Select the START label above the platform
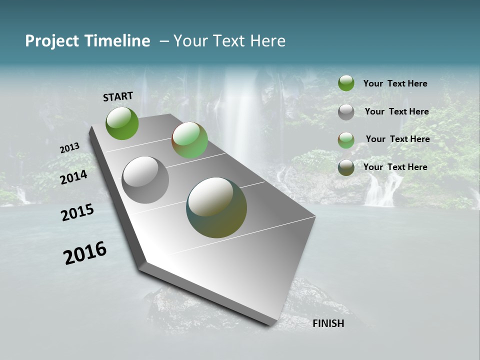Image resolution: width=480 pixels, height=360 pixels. coord(118,96)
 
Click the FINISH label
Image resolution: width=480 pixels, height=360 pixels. coord(328,323)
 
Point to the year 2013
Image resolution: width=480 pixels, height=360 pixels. coord(69,148)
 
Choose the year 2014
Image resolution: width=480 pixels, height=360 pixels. coord(74,177)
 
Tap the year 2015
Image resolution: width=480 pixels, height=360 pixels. coord(77,212)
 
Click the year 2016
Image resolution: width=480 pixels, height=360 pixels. coord(85,253)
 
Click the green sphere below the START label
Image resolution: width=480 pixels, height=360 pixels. coord(122,123)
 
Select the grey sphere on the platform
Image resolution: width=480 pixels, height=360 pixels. coord(145,180)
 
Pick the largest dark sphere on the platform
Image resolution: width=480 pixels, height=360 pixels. coord(216,207)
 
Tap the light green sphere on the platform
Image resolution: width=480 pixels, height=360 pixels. coord(189,140)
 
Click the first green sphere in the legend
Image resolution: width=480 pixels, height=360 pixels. coord(346,83)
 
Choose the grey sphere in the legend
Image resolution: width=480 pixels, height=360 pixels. coord(346,112)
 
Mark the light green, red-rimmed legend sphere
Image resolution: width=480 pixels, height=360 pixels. coord(346,140)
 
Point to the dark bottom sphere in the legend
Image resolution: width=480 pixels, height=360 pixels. coord(346,167)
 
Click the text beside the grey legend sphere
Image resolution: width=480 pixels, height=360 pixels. coord(396,111)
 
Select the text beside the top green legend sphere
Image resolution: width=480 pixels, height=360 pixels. coord(395,83)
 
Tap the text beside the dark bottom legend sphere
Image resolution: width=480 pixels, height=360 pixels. coord(395,167)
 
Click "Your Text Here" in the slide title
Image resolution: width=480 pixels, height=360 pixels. coord(229,41)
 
